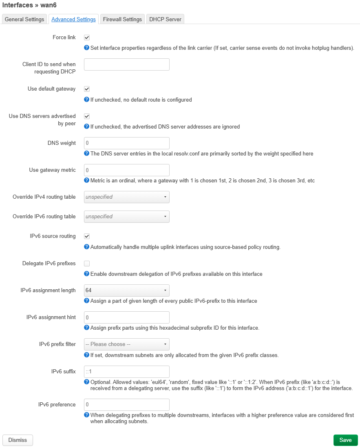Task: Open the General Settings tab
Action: pos(24,19)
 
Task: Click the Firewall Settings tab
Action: pos(122,19)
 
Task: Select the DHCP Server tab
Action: pos(165,19)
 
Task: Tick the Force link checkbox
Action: pos(87,38)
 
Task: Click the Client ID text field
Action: pos(126,64)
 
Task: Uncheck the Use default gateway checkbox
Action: pos(87,89)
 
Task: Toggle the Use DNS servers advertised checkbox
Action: pos(87,116)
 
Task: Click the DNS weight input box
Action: pos(126,143)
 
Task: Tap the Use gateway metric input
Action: pos(126,170)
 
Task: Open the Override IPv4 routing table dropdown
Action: pos(126,197)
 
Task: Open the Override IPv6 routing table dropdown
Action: pos(126,217)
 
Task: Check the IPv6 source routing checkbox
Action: pos(87,236)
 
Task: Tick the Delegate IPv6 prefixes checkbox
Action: pos(87,264)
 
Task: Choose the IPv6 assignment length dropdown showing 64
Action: pos(126,291)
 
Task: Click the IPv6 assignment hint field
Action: pos(126,317)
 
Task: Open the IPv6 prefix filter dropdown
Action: pos(126,344)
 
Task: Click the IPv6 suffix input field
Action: pos(126,372)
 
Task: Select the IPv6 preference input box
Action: pos(126,405)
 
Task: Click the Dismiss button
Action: pos(18,440)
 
